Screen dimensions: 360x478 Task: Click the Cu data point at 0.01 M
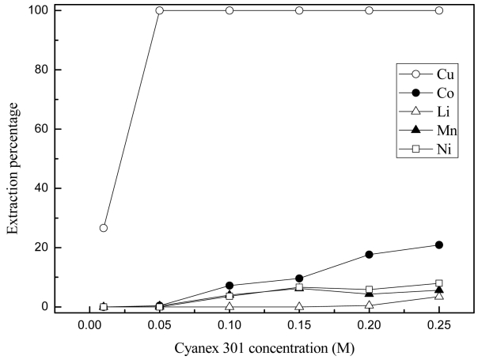tap(103, 228)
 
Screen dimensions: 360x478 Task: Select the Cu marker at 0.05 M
tap(159, 10)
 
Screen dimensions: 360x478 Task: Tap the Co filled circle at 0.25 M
tap(439, 245)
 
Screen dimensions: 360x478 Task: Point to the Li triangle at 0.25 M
tap(439, 296)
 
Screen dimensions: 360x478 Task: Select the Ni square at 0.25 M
tap(439, 283)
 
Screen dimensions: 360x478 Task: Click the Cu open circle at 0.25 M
tap(439, 10)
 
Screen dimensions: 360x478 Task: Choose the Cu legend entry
tap(428, 74)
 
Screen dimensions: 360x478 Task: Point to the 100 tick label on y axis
tap(36, 10)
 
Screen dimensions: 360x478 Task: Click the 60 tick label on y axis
tap(40, 129)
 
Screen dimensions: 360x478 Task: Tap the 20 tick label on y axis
tap(40, 248)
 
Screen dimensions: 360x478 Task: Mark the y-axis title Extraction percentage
tap(13, 158)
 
